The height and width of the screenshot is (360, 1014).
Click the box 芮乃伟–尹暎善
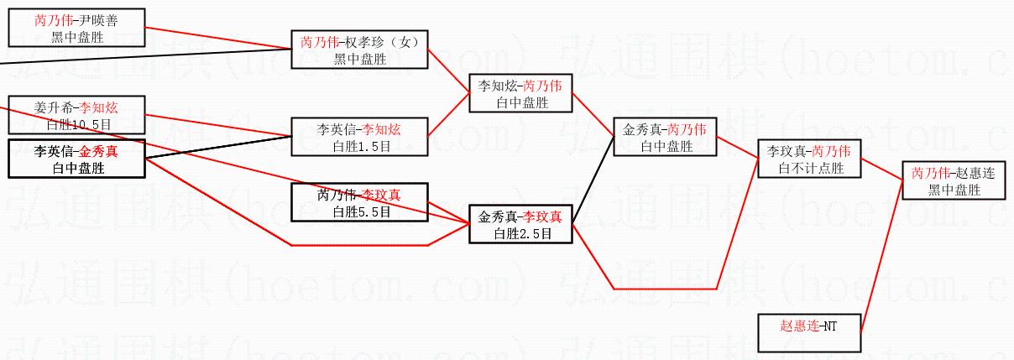point(76,28)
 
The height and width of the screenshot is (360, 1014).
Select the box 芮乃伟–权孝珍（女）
point(359,50)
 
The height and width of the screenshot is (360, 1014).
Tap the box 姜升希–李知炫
point(76,115)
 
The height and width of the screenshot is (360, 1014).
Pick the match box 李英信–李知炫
point(359,137)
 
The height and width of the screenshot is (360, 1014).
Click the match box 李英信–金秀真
point(76,159)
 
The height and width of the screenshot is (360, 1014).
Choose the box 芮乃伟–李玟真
point(359,202)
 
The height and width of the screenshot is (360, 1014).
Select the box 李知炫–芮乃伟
point(520,93)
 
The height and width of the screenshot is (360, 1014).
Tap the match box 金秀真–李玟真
point(520,224)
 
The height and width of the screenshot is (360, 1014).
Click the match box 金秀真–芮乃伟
point(665,137)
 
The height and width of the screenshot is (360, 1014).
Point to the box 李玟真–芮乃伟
point(809,159)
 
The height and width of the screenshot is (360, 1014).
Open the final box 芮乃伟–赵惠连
point(954,180)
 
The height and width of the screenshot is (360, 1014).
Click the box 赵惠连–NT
point(809,332)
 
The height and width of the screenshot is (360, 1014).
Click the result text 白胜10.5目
point(76,124)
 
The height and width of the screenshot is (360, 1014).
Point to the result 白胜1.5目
point(359,146)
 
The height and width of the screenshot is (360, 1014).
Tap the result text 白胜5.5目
point(359,211)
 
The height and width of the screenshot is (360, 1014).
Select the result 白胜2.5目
point(520,233)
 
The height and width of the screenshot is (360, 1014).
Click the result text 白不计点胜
point(809,168)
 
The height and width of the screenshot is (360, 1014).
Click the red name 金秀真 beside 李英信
point(97,152)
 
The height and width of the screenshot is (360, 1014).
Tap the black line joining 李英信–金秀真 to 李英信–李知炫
point(218,149)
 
